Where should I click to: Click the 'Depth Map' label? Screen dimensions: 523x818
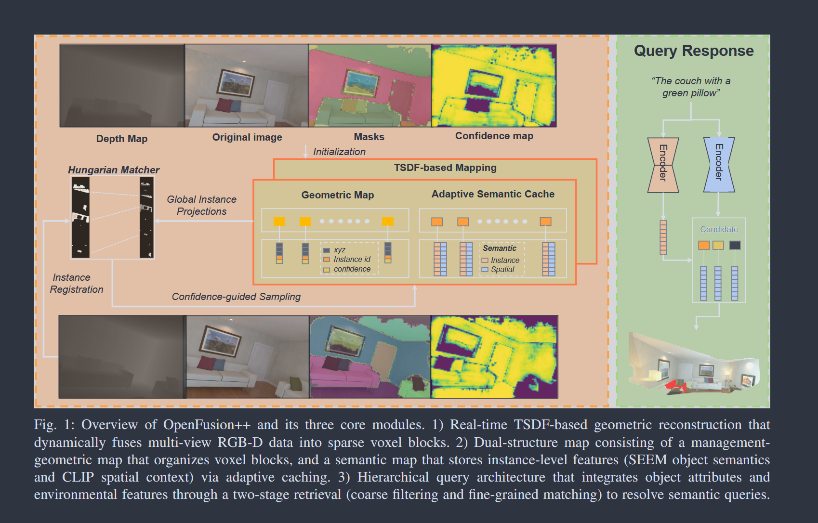(x=121, y=139)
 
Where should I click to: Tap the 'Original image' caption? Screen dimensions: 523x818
(x=247, y=137)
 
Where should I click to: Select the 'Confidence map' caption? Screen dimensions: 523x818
(x=494, y=136)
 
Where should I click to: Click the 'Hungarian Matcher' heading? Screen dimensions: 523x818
(x=113, y=170)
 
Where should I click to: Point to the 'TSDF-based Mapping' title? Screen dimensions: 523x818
(x=445, y=168)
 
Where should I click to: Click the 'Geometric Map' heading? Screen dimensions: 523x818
(x=337, y=195)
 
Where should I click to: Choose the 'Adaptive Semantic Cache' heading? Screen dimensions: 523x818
(x=492, y=194)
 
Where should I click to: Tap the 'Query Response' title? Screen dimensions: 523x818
(x=693, y=51)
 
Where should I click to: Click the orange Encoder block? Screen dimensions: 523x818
(x=663, y=165)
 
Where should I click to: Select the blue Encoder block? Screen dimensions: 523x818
(x=719, y=165)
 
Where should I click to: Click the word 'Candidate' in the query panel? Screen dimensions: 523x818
(x=719, y=229)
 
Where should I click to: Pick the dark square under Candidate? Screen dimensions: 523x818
(x=735, y=245)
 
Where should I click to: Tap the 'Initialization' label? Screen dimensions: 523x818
(x=339, y=152)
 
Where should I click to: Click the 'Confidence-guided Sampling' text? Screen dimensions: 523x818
(x=236, y=297)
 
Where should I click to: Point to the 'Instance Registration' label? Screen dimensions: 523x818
(x=76, y=283)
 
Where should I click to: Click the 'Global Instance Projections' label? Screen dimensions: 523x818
(x=201, y=205)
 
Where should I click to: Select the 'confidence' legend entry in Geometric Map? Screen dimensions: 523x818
(x=352, y=269)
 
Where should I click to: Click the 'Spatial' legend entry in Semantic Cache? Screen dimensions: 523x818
(x=502, y=270)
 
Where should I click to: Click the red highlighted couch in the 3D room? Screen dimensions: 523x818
(x=675, y=385)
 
